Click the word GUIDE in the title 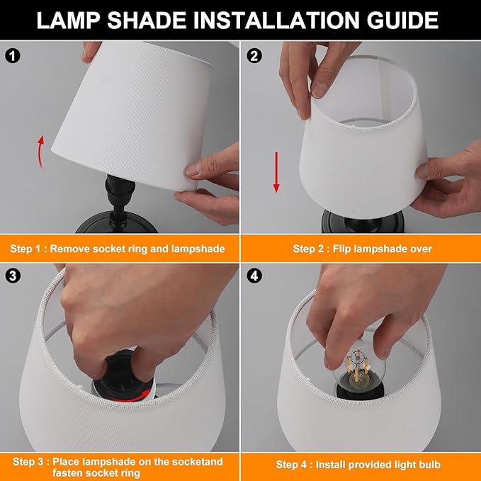[x=402, y=21]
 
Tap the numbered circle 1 [x=13, y=56]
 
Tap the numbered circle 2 [x=254, y=56]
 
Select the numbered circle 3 [x=13, y=276]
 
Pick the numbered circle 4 [x=254, y=276]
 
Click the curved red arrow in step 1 [x=40, y=151]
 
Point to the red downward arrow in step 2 [x=276, y=172]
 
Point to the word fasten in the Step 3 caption [x=69, y=472]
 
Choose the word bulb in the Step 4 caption [x=429, y=465]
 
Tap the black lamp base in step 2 [x=363, y=221]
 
